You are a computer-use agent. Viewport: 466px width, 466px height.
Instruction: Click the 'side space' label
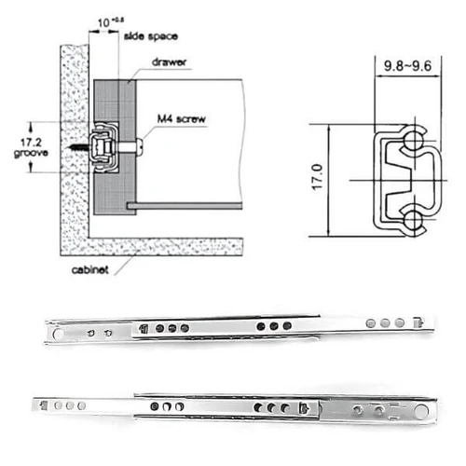point(151,36)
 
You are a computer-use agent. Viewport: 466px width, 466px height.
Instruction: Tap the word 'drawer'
point(169,62)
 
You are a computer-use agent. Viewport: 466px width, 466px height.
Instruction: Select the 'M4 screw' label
point(182,118)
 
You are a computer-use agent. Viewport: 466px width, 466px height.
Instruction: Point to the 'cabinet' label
point(90,269)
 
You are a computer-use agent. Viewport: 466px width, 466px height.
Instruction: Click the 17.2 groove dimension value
point(31,143)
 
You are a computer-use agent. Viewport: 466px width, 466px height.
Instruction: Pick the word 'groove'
point(31,153)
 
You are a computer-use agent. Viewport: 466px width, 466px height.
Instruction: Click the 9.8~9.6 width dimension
point(407,66)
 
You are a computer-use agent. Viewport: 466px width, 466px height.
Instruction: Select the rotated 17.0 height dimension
point(317,177)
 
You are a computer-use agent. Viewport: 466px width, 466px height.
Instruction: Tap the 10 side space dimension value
point(103,22)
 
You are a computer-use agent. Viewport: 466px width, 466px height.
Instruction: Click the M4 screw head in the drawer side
point(140,147)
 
